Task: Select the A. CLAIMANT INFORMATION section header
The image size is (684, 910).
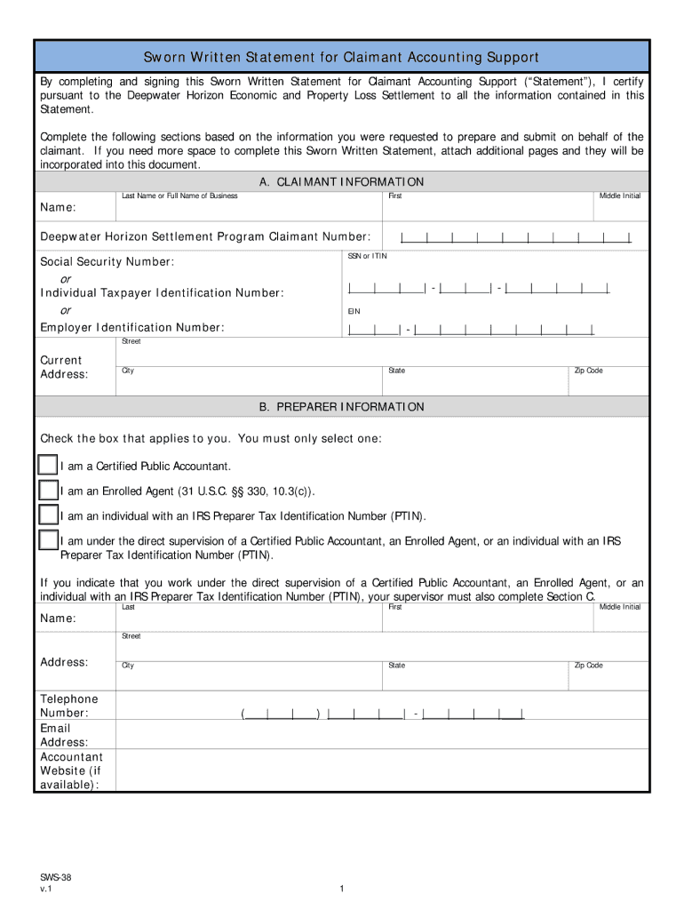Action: coord(341,182)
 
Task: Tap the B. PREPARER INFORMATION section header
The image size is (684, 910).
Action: coord(341,407)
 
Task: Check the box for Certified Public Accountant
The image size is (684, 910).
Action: coord(47,466)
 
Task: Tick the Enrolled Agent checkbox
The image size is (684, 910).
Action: coord(47,491)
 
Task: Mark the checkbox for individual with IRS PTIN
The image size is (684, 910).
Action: coord(47,515)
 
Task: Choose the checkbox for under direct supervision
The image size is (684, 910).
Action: coord(47,540)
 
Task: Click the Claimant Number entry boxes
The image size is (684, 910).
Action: coord(515,237)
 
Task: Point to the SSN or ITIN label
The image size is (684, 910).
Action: coord(367,256)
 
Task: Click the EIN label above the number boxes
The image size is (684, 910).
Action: coord(354,312)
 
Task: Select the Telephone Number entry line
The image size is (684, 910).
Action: coord(382,713)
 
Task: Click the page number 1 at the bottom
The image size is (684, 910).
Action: coord(341,889)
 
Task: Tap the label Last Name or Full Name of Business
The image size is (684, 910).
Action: coord(179,196)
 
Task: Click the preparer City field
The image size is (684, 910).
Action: coord(249,677)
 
